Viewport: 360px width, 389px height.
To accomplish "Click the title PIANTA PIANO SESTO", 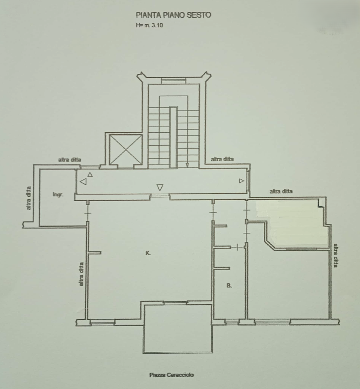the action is pos(173,15).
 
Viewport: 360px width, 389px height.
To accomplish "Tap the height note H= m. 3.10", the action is pos(149,25).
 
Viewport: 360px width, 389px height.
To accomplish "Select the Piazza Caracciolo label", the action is pos(172,375).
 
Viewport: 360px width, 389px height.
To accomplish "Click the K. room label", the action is pos(148,253).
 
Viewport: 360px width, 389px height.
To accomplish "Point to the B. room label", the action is pos(229,285).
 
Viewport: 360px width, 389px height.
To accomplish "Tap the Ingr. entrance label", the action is pos(58,195).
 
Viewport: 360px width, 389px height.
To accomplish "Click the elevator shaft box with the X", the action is pos(125,150).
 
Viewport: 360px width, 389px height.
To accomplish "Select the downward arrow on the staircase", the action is pos(187,165).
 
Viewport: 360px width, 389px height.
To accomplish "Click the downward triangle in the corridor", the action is pos(160,187).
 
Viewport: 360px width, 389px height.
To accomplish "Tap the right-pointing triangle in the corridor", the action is pos(241,181).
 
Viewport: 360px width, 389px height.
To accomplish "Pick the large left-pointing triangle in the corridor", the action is pos(83,181).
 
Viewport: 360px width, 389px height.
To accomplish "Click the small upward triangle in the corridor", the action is pos(90,174).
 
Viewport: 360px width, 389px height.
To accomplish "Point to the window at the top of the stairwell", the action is pos(174,81).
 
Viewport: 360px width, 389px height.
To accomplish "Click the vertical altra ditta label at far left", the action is pos(29,198).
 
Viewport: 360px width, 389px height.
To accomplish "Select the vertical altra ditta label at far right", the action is pos(335,256).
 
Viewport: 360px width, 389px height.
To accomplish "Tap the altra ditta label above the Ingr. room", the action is pos(70,160).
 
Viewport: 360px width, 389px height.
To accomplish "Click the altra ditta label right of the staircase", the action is pos(222,159).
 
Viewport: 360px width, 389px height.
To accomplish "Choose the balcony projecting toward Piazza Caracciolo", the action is pos(178,329).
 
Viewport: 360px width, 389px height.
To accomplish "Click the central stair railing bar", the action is pos(174,137).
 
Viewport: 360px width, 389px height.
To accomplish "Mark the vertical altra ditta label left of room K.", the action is pos(81,274).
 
